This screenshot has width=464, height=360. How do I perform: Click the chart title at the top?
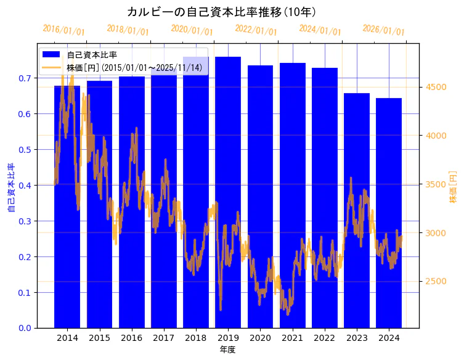click(x=222, y=12)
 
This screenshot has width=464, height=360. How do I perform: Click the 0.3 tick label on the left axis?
click(x=25, y=221)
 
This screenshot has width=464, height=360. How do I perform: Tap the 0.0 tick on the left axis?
click(x=25, y=328)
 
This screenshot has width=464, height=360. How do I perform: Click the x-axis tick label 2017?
click(x=163, y=338)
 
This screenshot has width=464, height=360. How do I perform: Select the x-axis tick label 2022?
click(x=324, y=338)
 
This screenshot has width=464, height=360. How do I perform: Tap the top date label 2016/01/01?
click(x=63, y=30)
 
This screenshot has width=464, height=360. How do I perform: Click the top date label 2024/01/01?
click(x=320, y=30)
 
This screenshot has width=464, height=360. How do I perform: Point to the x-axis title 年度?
click(x=227, y=350)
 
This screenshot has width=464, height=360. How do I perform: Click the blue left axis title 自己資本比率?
click(x=10, y=188)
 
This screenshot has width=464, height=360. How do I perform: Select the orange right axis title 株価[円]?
click(x=454, y=188)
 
